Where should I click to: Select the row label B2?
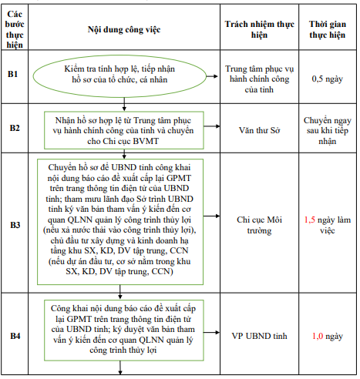pos(15,127)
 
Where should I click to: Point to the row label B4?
pos(15,336)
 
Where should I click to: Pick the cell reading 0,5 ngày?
pos(327,78)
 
